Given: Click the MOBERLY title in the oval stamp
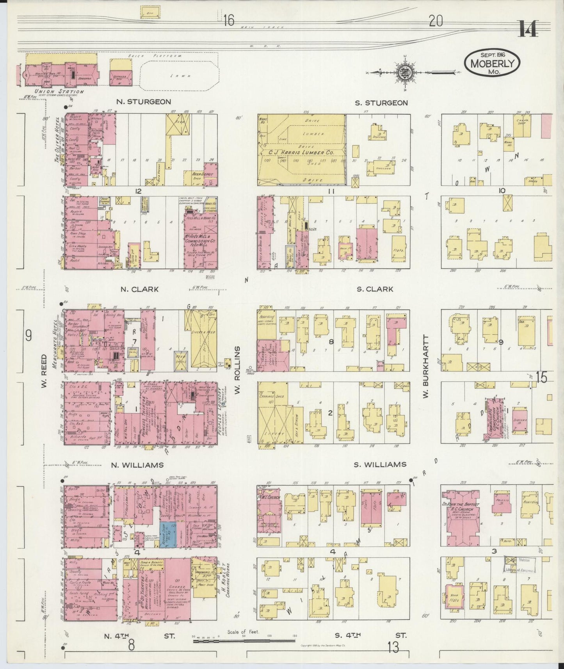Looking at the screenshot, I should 491,63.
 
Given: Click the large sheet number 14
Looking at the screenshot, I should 528,28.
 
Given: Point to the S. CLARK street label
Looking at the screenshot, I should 374,289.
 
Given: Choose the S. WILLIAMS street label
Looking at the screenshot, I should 380,464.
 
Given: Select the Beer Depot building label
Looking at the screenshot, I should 202,173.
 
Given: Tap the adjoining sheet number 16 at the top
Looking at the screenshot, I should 229,20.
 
